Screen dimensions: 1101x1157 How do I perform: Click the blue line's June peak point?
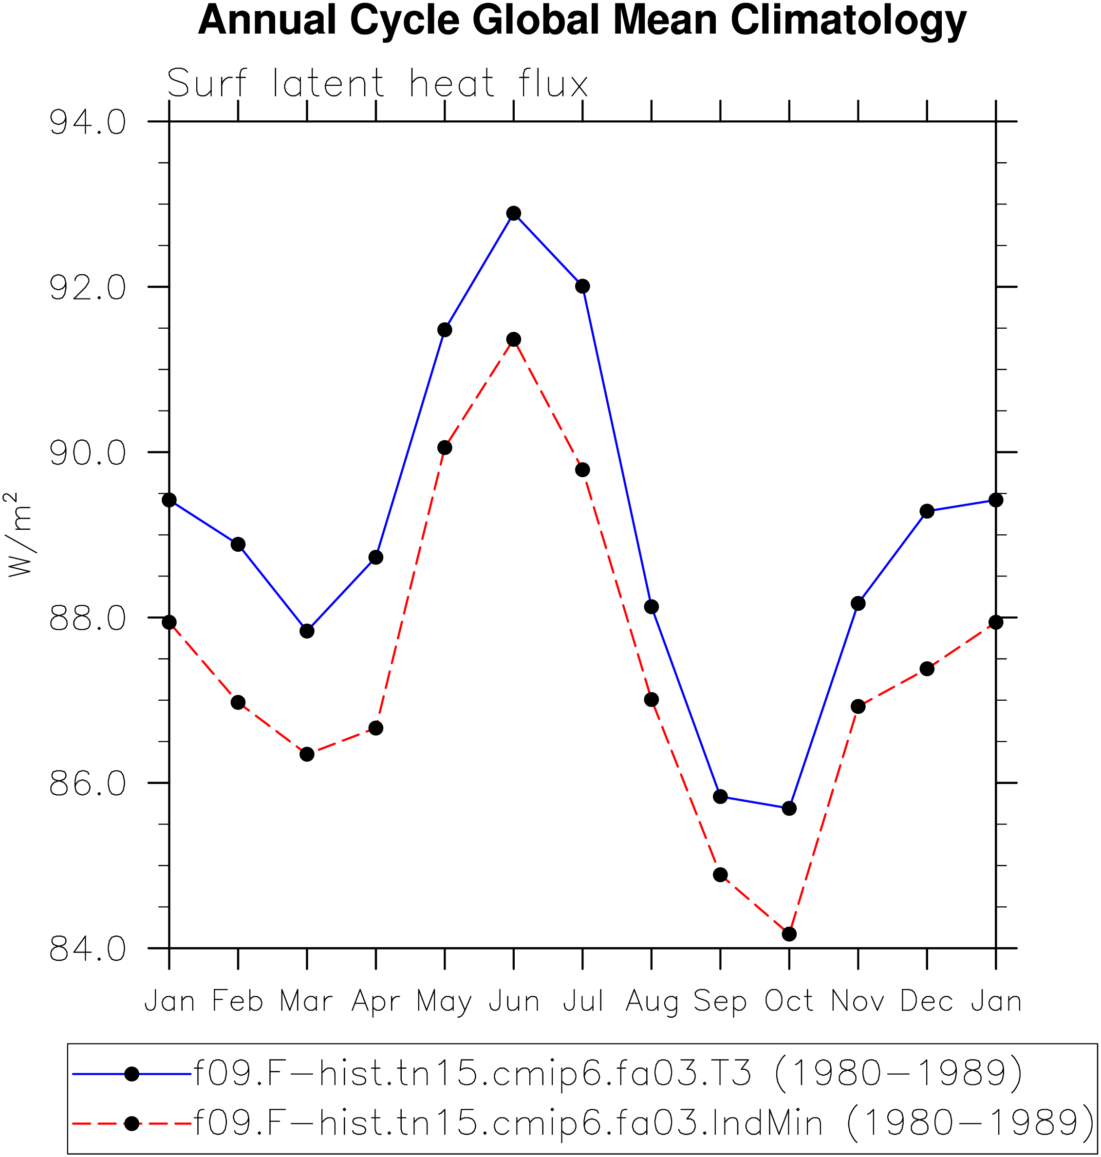514,213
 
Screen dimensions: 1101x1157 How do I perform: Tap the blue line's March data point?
307,631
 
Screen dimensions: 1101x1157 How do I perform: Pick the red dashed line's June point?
514,339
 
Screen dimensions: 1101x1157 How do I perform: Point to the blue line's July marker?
583,286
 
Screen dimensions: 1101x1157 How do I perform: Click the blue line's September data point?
721,797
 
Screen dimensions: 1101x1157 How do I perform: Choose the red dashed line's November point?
858,706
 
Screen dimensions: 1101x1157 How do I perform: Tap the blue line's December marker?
927,511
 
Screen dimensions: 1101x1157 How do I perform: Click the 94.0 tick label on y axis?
88,123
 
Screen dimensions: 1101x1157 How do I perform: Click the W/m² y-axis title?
18,534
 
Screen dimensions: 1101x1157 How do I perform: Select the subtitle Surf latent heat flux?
377,83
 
